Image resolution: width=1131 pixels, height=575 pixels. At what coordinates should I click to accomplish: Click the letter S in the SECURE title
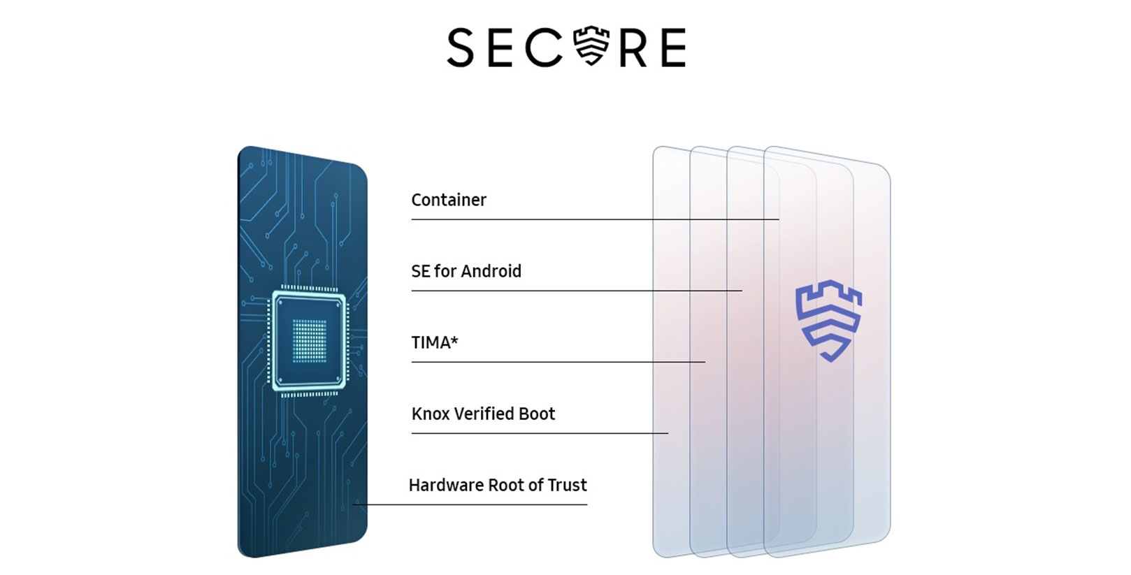[x=460, y=48]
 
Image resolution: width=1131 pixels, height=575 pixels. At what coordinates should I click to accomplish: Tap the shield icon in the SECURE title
[x=591, y=45]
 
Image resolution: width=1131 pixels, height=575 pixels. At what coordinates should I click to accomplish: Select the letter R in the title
[x=633, y=48]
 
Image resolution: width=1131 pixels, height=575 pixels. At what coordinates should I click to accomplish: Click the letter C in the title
[x=544, y=48]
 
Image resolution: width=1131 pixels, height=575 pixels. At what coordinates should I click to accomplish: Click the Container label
[x=449, y=200]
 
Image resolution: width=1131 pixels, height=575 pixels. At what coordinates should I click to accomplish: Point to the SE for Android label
[x=466, y=271]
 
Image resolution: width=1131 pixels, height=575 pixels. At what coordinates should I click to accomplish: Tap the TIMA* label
[x=435, y=342]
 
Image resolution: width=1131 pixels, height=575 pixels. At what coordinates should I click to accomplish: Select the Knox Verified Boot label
[x=483, y=414]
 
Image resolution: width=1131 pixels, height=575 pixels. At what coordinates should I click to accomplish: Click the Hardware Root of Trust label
[x=498, y=485]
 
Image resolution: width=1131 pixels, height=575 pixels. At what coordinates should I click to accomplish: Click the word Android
[x=491, y=271]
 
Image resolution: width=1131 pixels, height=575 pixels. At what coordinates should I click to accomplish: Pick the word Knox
[x=430, y=414]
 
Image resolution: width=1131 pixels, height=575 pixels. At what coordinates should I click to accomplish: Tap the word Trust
[x=568, y=485]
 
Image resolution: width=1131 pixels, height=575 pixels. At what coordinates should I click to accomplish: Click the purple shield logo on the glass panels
[x=828, y=321]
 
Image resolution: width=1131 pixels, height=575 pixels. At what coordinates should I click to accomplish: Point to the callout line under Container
[x=596, y=219]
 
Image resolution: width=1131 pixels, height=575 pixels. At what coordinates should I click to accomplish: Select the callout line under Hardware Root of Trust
[x=470, y=504]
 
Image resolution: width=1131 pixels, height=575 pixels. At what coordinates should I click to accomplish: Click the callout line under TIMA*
[x=559, y=362]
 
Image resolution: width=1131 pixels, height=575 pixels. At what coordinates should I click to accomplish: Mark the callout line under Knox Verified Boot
[x=540, y=433]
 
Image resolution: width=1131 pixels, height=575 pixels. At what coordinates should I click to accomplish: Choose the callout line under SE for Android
[x=577, y=290]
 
